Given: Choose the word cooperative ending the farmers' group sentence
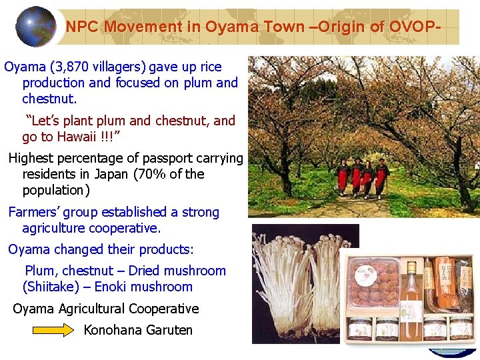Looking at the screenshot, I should [x=127, y=228].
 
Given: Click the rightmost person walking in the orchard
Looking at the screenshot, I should [x=381, y=178].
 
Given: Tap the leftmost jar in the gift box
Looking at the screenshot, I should [x=360, y=329].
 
